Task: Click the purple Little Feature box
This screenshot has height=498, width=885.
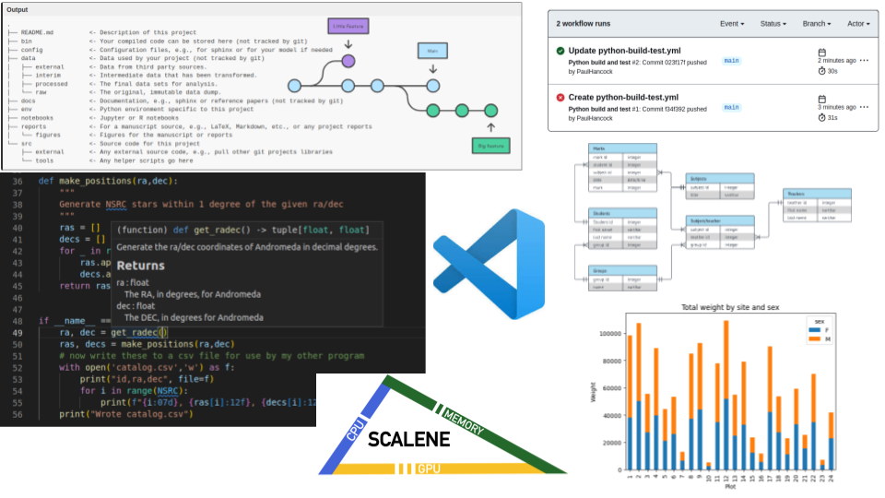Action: (348, 28)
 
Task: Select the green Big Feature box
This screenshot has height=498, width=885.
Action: (490, 145)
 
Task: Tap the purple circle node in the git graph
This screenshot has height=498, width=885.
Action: (348, 61)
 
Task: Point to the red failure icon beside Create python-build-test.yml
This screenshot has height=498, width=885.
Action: (560, 97)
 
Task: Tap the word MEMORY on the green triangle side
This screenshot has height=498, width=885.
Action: (463, 416)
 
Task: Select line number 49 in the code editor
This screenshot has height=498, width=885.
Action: (18, 332)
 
